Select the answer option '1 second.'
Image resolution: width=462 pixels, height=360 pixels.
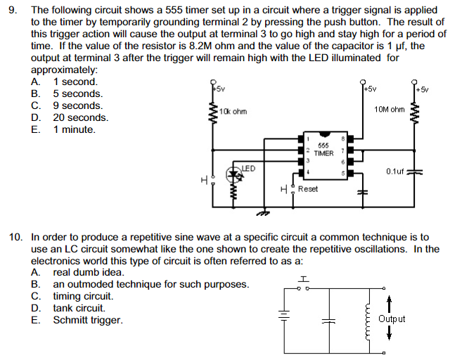pos(75,82)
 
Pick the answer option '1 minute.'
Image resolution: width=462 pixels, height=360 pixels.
pos(74,129)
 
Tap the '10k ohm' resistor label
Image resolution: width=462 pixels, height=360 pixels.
pos(233,112)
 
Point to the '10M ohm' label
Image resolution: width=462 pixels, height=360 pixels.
pos(390,110)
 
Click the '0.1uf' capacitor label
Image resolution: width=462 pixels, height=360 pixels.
pos(397,171)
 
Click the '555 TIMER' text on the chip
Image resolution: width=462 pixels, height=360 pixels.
pos(323,149)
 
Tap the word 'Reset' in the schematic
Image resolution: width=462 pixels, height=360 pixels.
pos(308,189)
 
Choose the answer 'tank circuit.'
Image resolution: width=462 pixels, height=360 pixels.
pos(79,308)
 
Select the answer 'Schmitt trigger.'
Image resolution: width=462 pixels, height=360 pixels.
pos(87,320)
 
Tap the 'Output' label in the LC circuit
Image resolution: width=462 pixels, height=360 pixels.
pos(392,319)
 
